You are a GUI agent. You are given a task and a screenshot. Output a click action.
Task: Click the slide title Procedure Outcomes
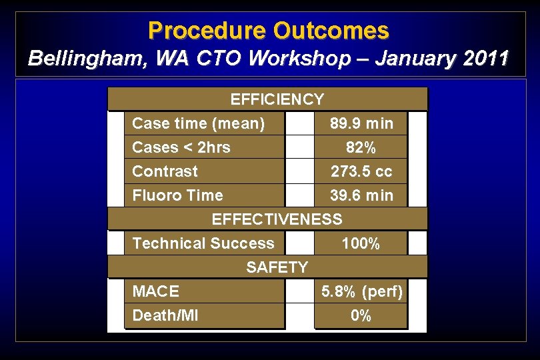(269, 31)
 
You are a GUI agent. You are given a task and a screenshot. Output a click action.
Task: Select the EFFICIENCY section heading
(277, 99)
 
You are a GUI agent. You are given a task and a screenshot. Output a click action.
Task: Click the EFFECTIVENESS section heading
(277, 219)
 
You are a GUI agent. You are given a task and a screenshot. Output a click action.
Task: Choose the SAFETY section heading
(277, 267)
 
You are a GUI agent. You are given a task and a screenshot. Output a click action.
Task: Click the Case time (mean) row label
(198, 123)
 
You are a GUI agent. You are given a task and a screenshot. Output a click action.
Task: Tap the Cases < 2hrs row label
(181, 147)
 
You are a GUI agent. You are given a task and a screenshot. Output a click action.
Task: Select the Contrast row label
(165, 171)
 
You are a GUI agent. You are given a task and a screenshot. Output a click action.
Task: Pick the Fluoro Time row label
(177, 195)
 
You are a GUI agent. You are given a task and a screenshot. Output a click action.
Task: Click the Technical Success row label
(203, 243)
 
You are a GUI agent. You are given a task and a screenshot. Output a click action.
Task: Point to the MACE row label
(155, 291)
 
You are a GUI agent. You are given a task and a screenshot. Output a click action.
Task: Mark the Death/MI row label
(165, 315)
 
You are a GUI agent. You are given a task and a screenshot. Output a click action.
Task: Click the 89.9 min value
(361, 123)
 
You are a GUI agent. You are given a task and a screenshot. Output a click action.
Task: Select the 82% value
(361, 147)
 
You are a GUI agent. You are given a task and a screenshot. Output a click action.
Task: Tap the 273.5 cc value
(361, 171)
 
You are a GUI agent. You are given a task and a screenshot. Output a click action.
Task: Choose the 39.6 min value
(361, 195)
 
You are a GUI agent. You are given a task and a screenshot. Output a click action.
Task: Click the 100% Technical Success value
(361, 243)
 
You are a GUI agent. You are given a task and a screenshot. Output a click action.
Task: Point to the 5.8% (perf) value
(362, 291)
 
